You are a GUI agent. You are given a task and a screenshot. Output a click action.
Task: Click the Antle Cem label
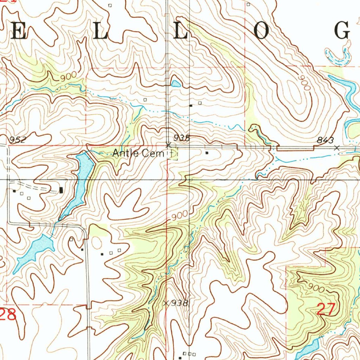coord(138,153)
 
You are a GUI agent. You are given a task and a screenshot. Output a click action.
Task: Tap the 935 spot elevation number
coord(182,138)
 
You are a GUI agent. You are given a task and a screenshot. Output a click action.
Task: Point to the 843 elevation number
coord(325,140)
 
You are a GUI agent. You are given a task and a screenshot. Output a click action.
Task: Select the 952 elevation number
coord(18,140)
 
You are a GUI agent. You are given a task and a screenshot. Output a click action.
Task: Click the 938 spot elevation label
coord(181,303)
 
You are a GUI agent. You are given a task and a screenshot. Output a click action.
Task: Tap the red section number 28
coord(8,314)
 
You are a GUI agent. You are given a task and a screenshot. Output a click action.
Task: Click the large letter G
coord(342,30)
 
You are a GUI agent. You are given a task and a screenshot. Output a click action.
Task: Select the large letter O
coord(262,31)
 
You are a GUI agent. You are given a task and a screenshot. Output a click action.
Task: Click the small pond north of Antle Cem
coord(175,83)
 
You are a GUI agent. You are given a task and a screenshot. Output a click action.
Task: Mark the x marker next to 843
coord(337,148)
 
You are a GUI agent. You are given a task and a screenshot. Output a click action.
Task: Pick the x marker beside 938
coord(167,303)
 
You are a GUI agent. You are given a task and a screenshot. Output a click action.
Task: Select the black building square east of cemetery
coord(207,153)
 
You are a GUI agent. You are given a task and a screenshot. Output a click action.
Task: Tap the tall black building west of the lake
coord(62,190)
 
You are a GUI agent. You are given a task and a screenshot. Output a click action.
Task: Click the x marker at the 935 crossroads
coord(168,144)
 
